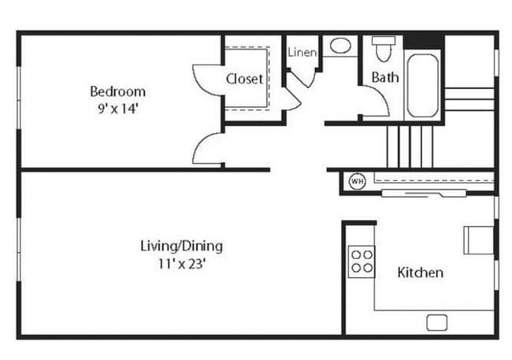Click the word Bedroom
click(117, 91)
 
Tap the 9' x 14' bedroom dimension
click(117, 109)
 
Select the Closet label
click(244, 79)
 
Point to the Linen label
click(302, 53)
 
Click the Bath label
click(384, 77)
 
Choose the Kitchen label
click(420, 273)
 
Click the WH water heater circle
click(357, 181)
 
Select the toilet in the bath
click(384, 49)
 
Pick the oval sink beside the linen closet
click(341, 46)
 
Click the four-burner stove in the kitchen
click(362, 261)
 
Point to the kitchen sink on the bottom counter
click(437, 322)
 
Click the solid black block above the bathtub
click(424, 41)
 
